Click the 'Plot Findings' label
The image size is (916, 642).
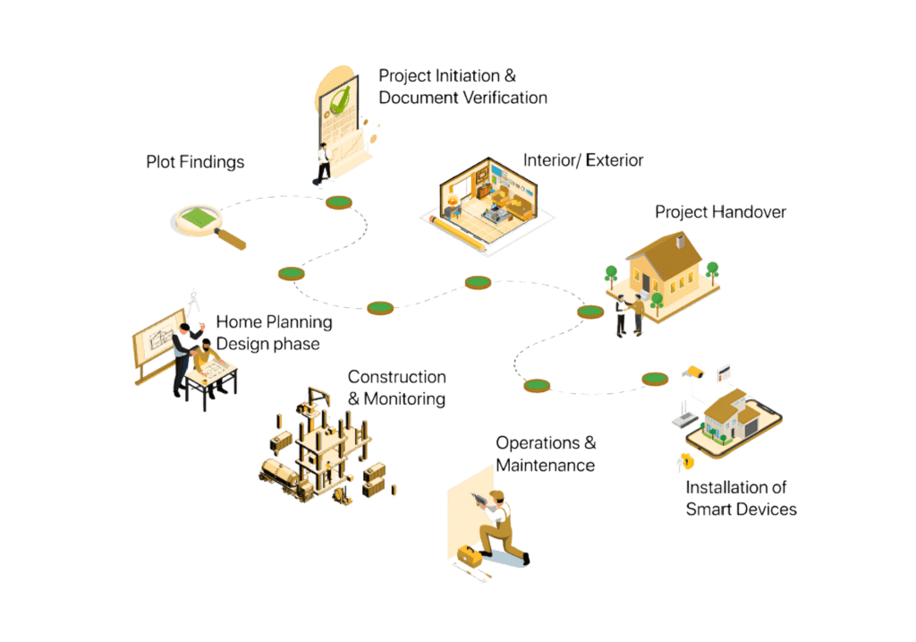pos(195,162)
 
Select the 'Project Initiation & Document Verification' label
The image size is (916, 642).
pos(462,87)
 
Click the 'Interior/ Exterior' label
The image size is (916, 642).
pos(583,160)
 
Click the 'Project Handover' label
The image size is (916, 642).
pos(720,212)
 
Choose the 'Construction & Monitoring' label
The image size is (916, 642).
pos(396,388)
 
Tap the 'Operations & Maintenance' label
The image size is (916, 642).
pos(546,454)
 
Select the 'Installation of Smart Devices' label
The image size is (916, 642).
pos(741,499)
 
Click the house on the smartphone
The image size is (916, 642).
pos(729,414)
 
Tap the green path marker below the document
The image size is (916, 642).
pos(339,202)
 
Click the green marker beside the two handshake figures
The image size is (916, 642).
pos(590,312)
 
